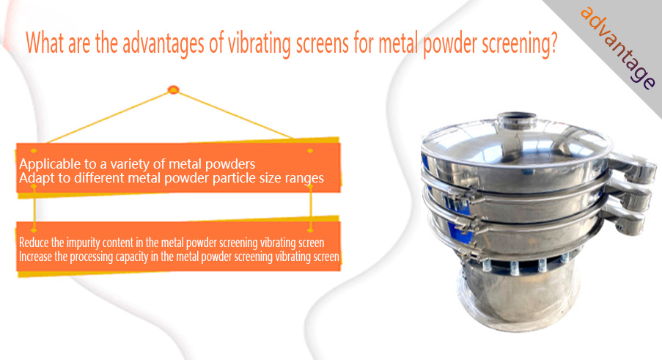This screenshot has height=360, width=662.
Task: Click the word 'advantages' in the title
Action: pos(163,44)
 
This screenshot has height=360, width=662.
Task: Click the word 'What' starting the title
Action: pos(45,43)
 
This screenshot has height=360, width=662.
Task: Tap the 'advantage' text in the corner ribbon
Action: pos(618,48)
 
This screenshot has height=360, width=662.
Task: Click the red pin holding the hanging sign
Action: pos(174,89)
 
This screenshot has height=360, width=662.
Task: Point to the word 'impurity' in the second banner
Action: pos(83,243)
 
